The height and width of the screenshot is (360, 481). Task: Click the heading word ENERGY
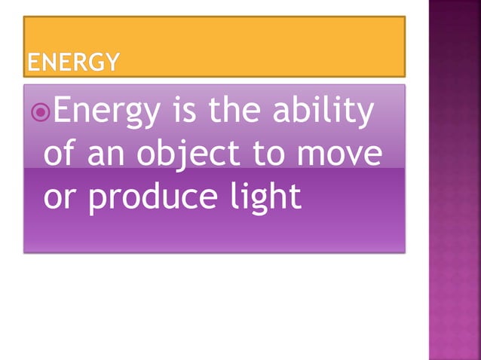click(x=72, y=63)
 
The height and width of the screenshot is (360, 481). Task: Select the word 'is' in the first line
click(x=185, y=113)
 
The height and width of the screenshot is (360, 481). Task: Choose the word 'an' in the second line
click(x=112, y=157)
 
